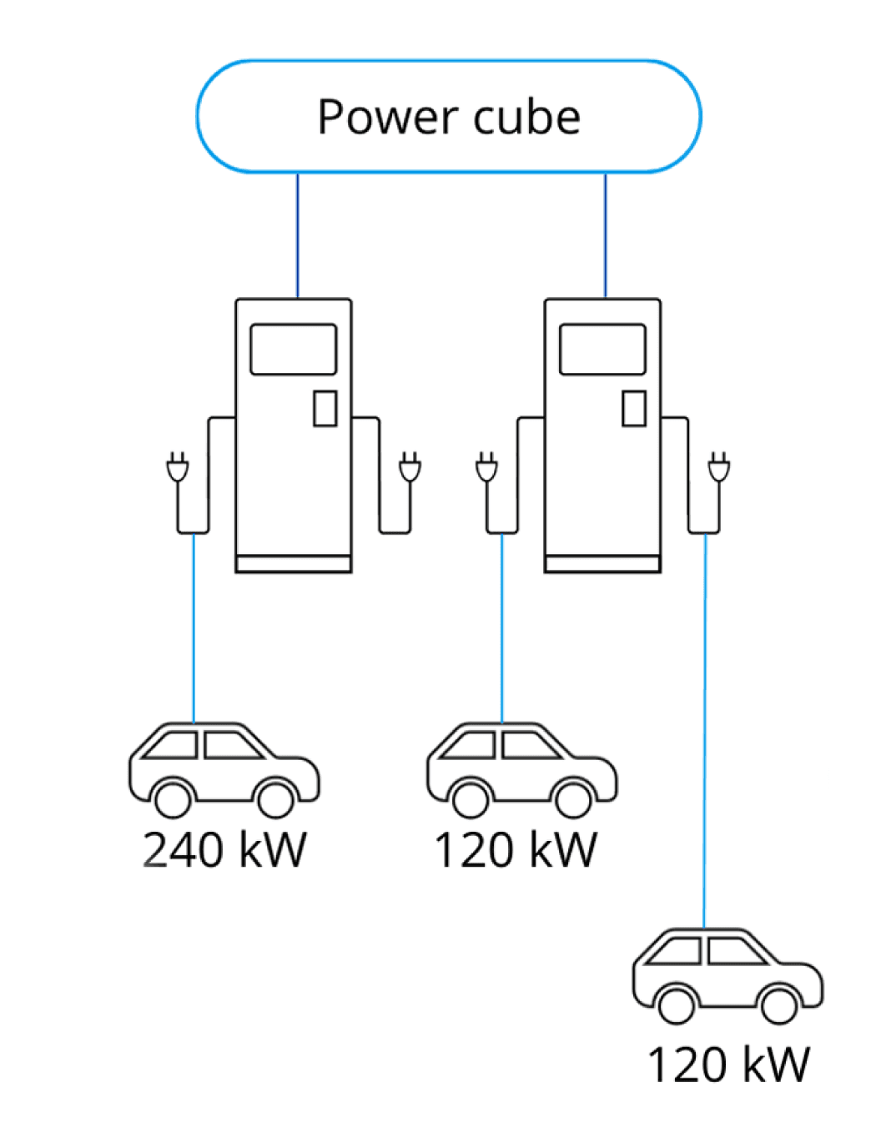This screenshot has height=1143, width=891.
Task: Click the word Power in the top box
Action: coord(387,118)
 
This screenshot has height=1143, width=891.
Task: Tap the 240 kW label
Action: coord(224,850)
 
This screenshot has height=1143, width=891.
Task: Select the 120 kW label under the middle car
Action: coord(516,850)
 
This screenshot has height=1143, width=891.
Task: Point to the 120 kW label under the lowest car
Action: coord(728,1065)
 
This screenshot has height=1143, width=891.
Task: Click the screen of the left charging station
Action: coord(294,350)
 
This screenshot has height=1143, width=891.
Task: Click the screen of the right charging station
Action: coord(602,350)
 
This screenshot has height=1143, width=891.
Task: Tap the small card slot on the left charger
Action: coord(325,408)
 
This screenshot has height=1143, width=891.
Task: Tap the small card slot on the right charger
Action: coord(634,408)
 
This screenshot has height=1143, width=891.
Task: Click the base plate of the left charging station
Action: coord(294,564)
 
